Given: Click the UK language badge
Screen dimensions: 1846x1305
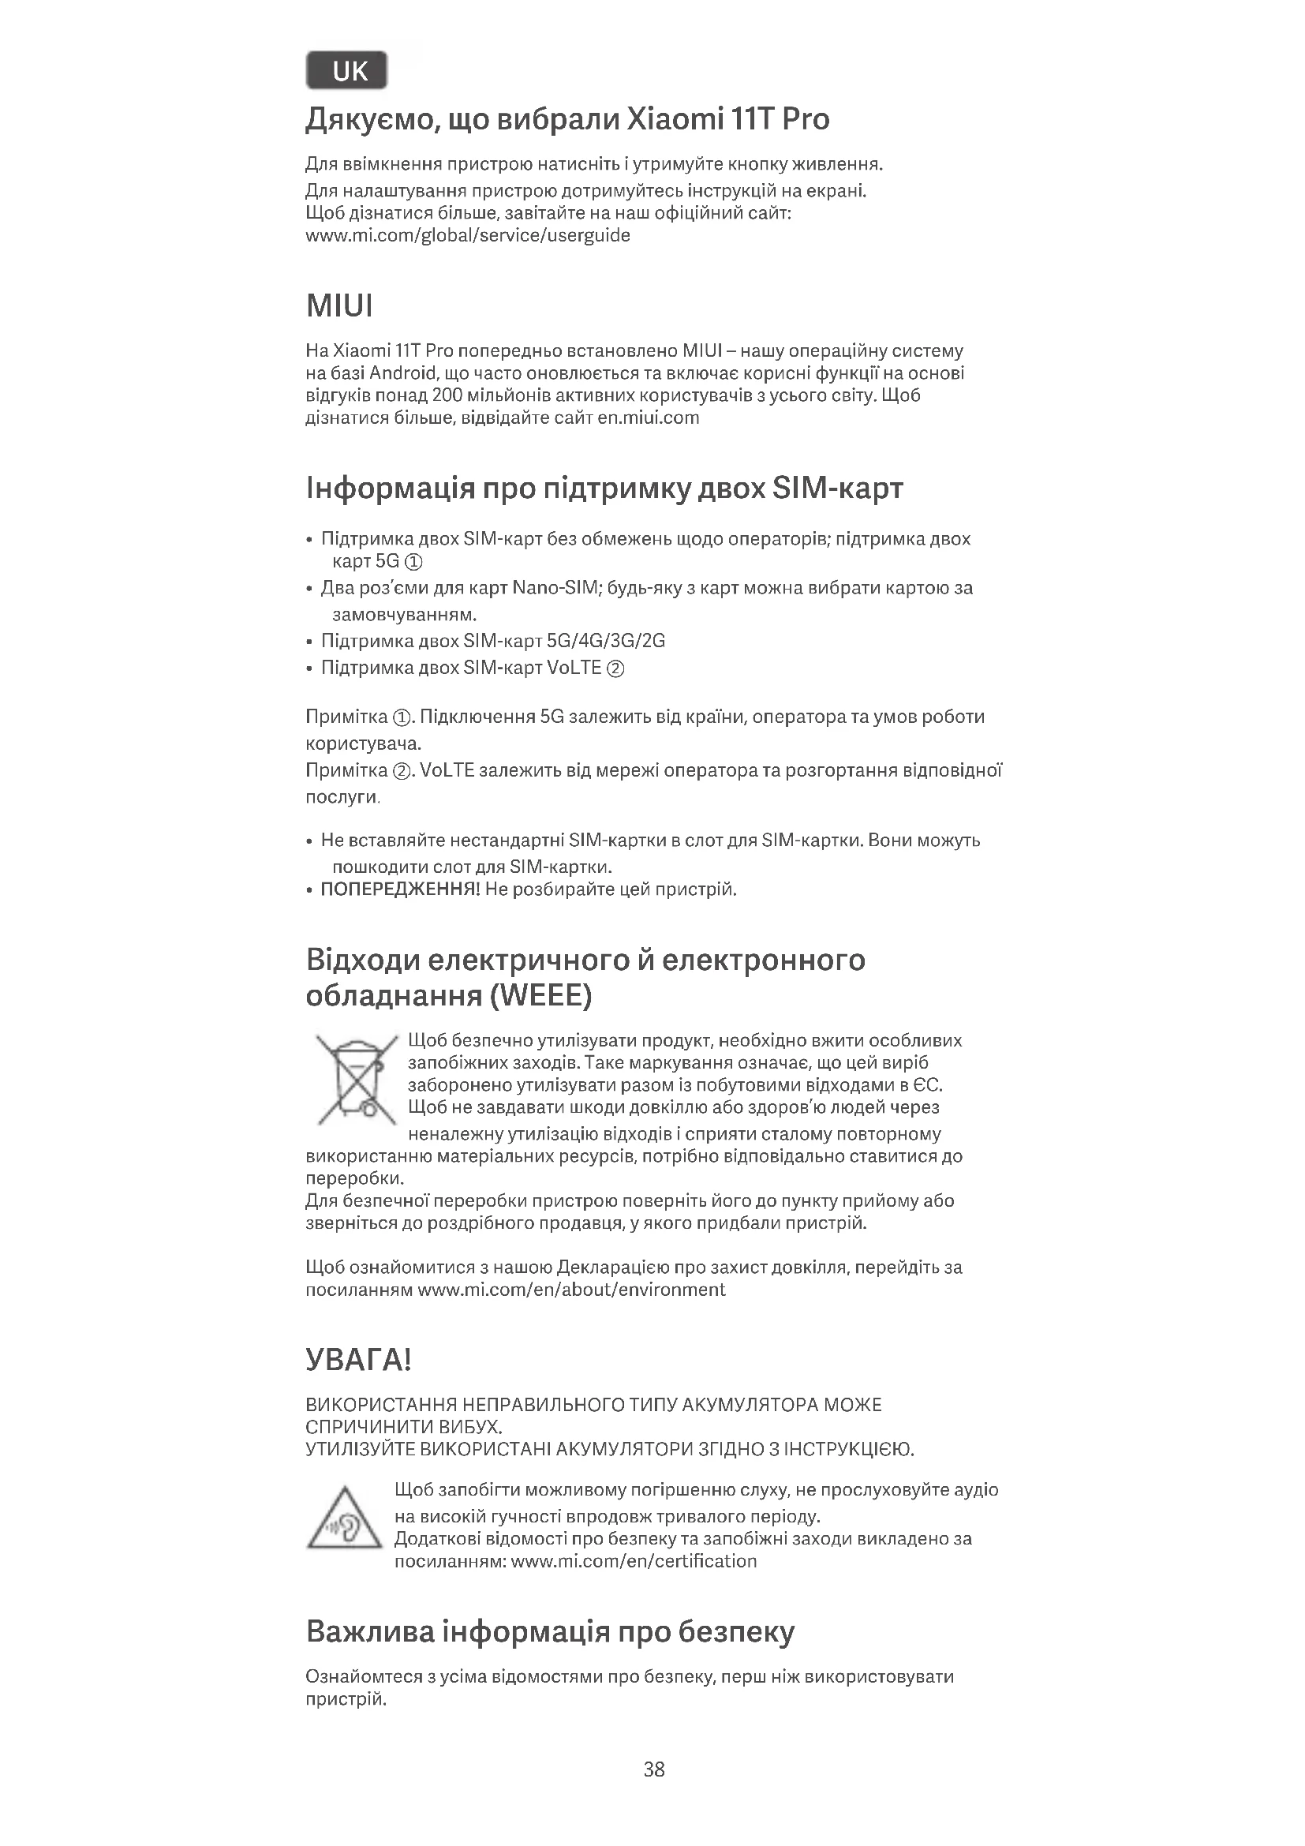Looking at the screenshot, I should [346, 71].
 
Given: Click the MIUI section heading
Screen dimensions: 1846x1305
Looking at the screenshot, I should [339, 306].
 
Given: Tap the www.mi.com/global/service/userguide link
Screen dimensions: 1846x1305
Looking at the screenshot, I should [468, 235].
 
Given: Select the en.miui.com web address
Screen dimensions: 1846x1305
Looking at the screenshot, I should [649, 418].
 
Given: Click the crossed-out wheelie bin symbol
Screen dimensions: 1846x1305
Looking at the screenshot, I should [356, 1080].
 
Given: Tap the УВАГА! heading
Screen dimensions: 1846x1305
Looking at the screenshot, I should [358, 1360].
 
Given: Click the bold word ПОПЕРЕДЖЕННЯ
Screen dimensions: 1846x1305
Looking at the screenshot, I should [399, 889].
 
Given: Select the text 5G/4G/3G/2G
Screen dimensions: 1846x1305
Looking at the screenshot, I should [606, 641].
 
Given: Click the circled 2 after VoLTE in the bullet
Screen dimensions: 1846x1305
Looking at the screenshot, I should [615, 668].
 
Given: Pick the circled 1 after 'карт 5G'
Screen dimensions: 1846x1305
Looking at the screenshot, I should [415, 561].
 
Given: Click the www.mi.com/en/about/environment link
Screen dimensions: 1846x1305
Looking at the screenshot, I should [571, 1290].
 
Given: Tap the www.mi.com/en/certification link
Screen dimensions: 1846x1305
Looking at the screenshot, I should [634, 1561].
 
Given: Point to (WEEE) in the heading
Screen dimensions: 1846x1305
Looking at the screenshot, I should [540, 996].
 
